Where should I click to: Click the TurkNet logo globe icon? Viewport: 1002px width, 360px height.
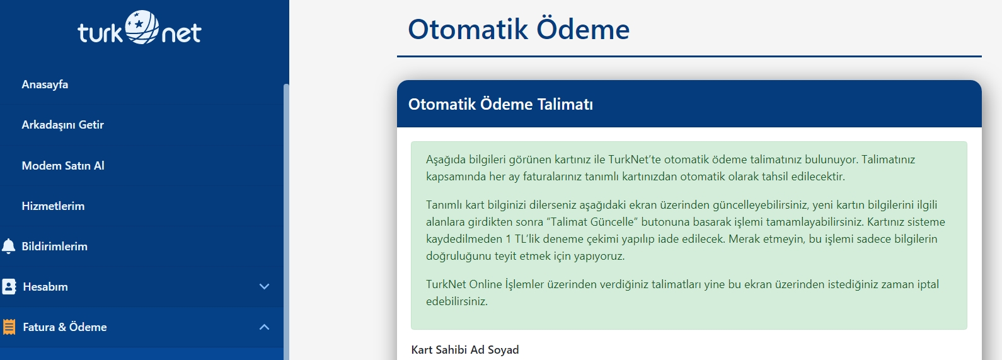(x=141, y=27)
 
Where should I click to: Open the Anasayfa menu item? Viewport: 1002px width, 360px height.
(x=45, y=84)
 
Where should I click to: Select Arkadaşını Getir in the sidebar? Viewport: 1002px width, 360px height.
(x=62, y=124)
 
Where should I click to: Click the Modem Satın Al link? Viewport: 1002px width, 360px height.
(x=63, y=165)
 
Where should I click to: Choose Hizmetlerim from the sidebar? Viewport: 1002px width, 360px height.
(x=53, y=206)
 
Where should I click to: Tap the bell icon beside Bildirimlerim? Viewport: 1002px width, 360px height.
(x=8, y=247)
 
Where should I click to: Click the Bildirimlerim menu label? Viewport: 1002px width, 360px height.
(x=55, y=247)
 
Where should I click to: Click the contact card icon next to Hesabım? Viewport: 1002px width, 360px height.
(x=9, y=287)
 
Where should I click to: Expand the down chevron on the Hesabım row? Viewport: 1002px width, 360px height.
(x=265, y=287)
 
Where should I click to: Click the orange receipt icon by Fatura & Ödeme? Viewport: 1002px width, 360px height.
(x=9, y=327)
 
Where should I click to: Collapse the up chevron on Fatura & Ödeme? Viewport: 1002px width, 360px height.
(x=265, y=327)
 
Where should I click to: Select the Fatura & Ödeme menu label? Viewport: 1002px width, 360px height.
(x=65, y=327)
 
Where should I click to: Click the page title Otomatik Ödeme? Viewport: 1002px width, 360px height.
(x=519, y=29)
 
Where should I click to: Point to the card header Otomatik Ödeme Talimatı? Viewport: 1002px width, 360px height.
(x=500, y=104)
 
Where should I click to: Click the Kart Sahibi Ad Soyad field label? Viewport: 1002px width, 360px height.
(x=465, y=350)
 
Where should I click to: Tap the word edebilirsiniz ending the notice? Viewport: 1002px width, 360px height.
(x=457, y=301)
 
